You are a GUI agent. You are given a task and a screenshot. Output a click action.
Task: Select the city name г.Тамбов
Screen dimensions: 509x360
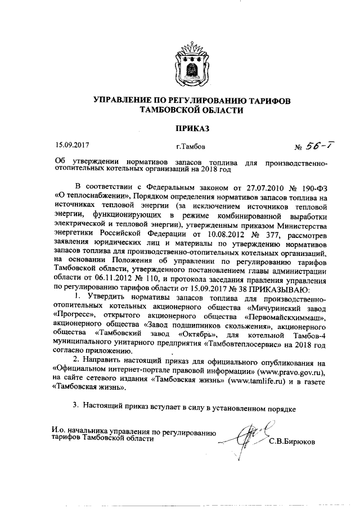pyautogui.click(x=191, y=147)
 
